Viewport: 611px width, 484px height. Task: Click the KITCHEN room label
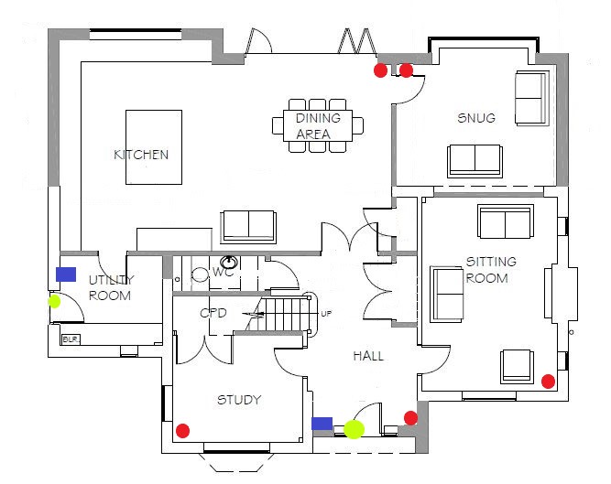click(141, 155)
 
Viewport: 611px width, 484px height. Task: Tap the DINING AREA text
click(318, 125)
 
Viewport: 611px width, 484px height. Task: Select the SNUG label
click(476, 118)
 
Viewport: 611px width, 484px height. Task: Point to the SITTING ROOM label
click(491, 270)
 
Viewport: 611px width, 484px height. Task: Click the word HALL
click(368, 356)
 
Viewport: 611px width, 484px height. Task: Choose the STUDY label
click(239, 400)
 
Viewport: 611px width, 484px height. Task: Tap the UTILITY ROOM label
click(111, 287)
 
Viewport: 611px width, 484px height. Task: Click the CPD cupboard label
click(213, 313)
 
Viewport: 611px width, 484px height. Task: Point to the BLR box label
click(71, 339)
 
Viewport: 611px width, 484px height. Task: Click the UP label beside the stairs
click(326, 314)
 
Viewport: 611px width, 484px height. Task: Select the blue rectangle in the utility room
click(66, 274)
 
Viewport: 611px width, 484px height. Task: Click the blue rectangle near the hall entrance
click(322, 424)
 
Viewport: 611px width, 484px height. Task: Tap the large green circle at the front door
click(355, 429)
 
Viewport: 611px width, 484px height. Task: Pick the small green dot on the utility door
click(55, 301)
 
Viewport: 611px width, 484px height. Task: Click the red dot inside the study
click(183, 431)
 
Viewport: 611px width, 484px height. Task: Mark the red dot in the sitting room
click(549, 382)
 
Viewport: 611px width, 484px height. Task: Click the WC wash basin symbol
click(229, 262)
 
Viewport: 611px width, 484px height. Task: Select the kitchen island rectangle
click(154, 147)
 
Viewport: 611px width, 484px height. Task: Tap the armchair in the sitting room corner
click(517, 367)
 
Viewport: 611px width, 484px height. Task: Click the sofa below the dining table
click(248, 227)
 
